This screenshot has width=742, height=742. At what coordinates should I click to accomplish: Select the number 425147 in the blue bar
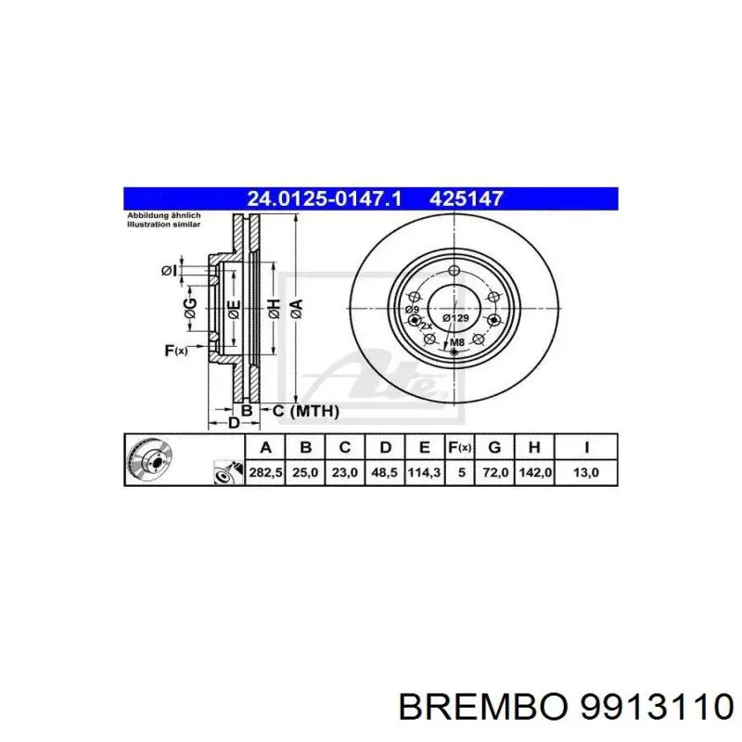click(467, 198)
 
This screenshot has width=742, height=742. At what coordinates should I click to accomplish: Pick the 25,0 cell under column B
click(305, 472)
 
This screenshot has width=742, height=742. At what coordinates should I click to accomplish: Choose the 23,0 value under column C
click(344, 472)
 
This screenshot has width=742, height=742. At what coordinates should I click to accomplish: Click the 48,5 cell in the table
click(384, 472)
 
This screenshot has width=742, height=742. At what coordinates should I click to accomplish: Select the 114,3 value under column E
click(424, 472)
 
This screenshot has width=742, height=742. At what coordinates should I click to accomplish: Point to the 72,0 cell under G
click(495, 472)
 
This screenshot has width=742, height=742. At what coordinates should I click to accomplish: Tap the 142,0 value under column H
click(536, 472)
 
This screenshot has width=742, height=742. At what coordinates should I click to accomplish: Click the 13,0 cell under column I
click(586, 472)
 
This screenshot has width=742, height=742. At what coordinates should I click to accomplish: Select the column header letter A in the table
click(265, 448)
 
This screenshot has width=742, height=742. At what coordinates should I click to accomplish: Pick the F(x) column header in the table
click(460, 448)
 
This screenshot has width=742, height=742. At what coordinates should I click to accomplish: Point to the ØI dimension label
click(168, 270)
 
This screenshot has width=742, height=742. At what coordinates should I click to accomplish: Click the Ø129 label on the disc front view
click(455, 318)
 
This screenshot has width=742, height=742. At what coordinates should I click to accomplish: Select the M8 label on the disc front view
click(455, 343)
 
